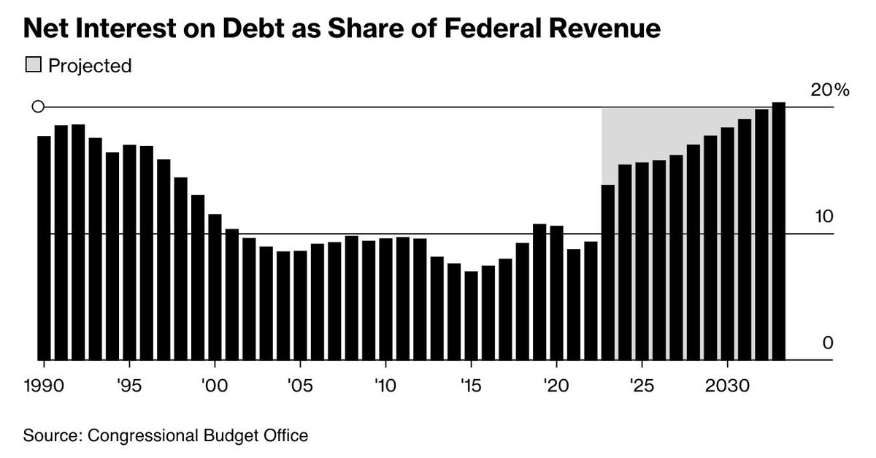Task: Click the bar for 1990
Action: pyautogui.click(x=44, y=248)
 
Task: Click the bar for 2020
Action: pyautogui.click(x=556, y=293)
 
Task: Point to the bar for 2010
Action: pyautogui.click(x=385, y=299)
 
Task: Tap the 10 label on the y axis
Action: pyautogui.click(x=824, y=217)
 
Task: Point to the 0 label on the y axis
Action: pyautogui.click(x=828, y=343)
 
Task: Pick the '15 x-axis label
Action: pyautogui.click(x=471, y=385)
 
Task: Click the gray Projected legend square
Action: pyautogui.click(x=34, y=66)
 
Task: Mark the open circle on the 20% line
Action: pyautogui.click(x=39, y=107)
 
